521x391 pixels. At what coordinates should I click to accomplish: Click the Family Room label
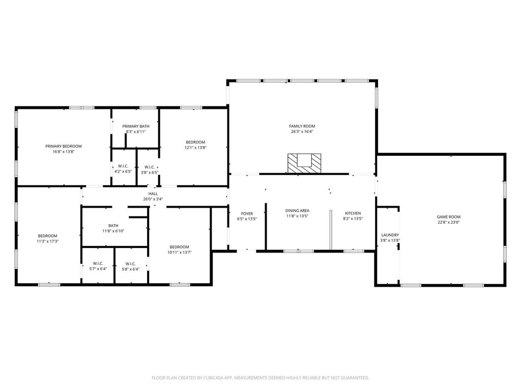coord(302,126)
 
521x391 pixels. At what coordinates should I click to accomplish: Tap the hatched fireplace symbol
coord(304,163)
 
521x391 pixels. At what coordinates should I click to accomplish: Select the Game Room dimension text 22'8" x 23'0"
coord(449,222)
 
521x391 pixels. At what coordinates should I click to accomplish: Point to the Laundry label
coord(390,235)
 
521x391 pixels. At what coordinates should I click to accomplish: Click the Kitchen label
coord(353,213)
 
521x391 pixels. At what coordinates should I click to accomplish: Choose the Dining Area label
coord(297,210)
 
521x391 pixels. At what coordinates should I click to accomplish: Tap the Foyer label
coord(247,213)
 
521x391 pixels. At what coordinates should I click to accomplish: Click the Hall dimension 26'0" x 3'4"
coord(153,199)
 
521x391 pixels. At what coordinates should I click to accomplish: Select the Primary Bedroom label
coord(64,146)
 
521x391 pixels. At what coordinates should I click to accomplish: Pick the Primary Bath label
coord(135,126)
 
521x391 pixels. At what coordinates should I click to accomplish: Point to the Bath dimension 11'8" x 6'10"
coord(113,231)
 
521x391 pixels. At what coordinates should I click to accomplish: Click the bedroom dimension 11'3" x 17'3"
coord(47,241)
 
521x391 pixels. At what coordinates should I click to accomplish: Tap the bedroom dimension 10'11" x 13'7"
coord(180,253)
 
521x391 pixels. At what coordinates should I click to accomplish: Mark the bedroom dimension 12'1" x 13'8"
coord(195,147)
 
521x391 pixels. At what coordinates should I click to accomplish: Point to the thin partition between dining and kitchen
coord(331,230)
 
